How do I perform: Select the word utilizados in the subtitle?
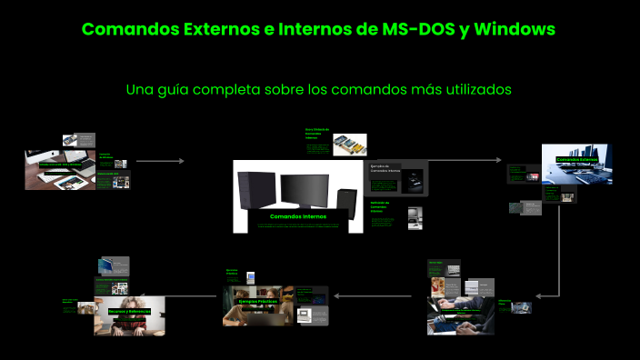click(x=473, y=89)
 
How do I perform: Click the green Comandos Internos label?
click(x=297, y=216)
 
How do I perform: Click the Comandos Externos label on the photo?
click(x=577, y=159)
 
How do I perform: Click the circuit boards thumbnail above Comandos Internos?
click(x=350, y=145)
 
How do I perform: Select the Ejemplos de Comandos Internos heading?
click(x=385, y=169)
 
